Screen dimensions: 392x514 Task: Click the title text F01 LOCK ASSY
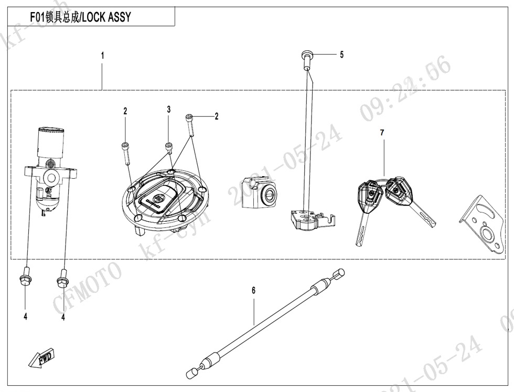click(x=88, y=17)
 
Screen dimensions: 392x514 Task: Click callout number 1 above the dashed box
click(x=102, y=55)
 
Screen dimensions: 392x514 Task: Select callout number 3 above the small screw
click(x=169, y=110)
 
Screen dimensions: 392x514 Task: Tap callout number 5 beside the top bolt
click(x=341, y=54)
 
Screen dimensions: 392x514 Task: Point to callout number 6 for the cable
click(x=253, y=290)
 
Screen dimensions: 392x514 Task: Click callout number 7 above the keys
click(x=382, y=133)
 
